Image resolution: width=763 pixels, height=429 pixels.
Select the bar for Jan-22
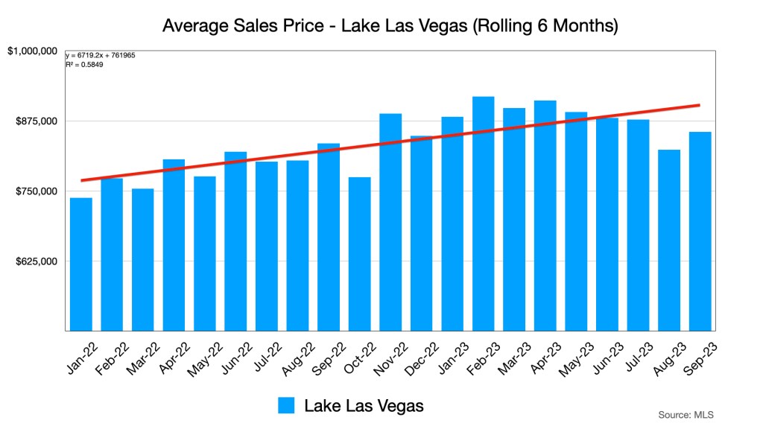pyautogui.click(x=80, y=264)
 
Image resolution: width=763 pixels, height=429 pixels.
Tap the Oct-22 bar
pyautogui.click(x=359, y=254)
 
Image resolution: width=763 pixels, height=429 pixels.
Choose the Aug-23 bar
pyautogui.click(x=668, y=240)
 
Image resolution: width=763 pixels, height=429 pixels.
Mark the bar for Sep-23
pyautogui.click(x=700, y=231)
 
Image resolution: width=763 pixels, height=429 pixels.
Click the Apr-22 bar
pyautogui.click(x=174, y=245)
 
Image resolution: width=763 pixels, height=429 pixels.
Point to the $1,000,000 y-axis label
pyautogui.click(x=33, y=51)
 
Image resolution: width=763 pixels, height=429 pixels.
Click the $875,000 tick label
pyautogui.click(x=37, y=121)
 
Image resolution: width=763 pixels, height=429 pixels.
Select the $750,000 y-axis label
pyautogui.click(x=37, y=191)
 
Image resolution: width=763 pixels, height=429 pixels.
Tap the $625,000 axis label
pyautogui.click(x=37, y=261)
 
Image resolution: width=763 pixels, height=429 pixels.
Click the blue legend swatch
pyautogui.click(x=287, y=405)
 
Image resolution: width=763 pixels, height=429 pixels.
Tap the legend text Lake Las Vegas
pyautogui.click(x=364, y=405)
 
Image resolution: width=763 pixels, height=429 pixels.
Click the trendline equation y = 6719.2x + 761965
pyautogui.click(x=100, y=56)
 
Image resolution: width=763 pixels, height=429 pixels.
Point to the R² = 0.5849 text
pyautogui.click(x=84, y=65)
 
